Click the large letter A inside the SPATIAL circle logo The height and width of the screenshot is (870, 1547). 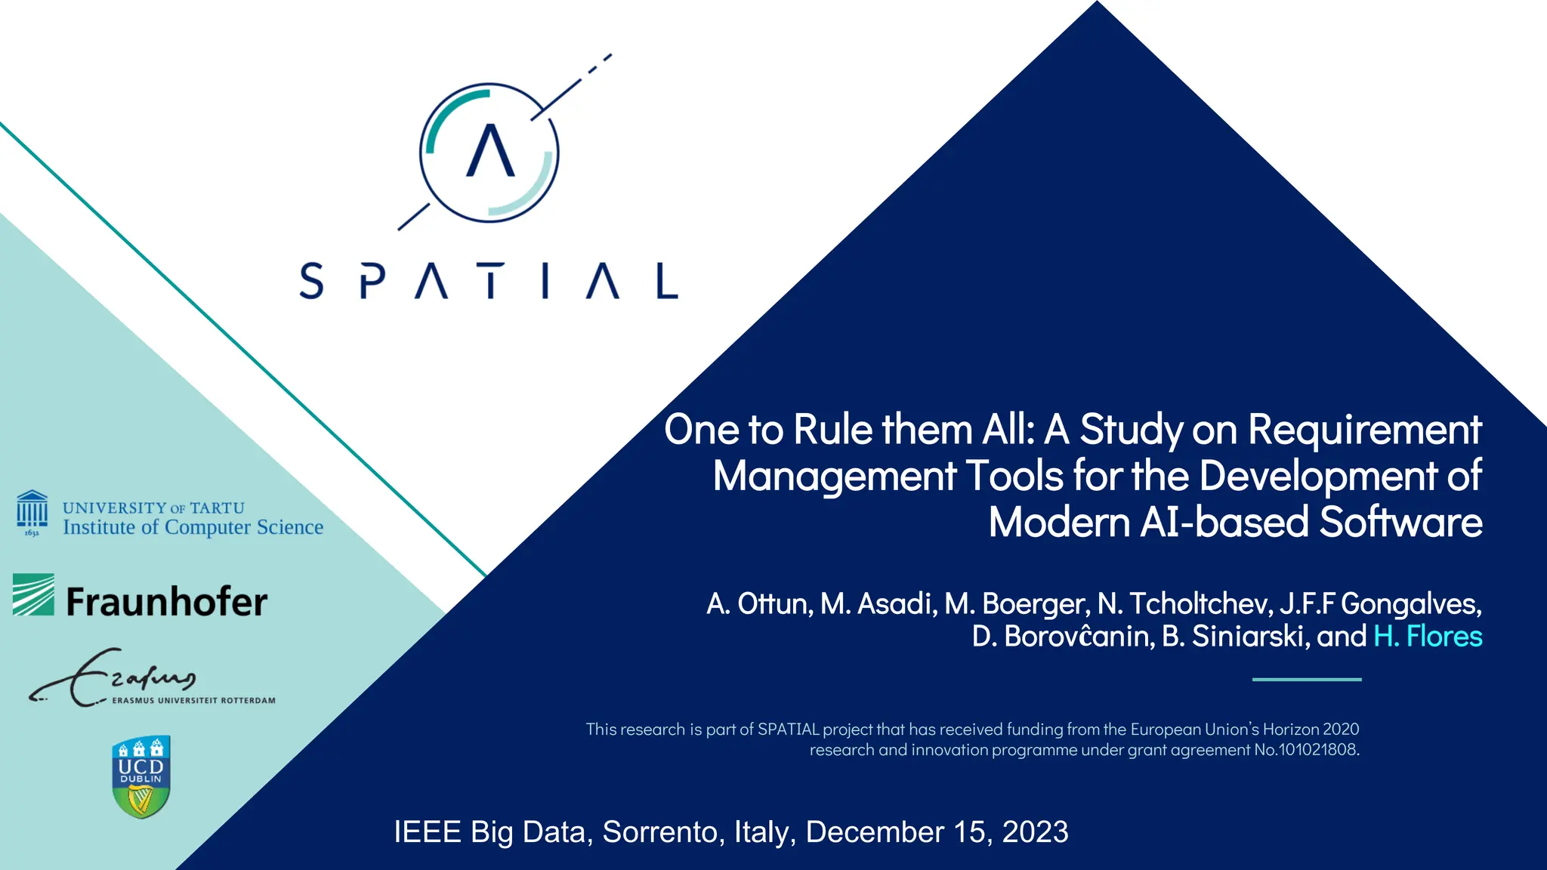[x=490, y=150]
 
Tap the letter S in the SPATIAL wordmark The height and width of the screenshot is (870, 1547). [x=311, y=281]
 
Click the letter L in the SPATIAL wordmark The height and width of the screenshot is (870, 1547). [x=666, y=281]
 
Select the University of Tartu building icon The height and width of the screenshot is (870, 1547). [x=32, y=513]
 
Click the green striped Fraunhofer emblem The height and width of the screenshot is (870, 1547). [x=33, y=594]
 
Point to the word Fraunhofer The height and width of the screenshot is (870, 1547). [x=166, y=602]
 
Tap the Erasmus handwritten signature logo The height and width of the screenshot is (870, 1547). [x=113, y=677]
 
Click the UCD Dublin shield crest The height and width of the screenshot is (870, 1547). [x=141, y=776]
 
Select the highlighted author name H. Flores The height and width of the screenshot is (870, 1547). [x=1428, y=637]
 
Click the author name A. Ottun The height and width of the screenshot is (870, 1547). [x=759, y=604]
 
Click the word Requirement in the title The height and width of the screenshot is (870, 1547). [x=1364, y=430]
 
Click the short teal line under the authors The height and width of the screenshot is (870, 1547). [x=1307, y=680]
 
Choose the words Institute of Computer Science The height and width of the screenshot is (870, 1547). [x=193, y=527]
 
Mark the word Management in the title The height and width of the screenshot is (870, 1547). [x=835, y=477]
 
